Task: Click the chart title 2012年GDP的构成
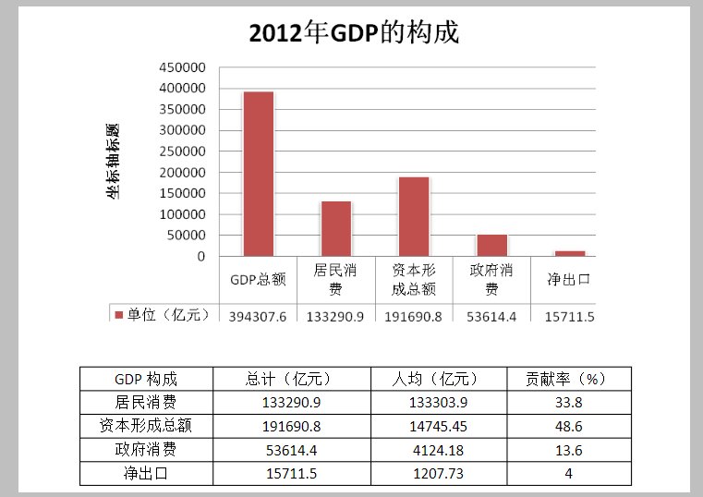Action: coord(354,33)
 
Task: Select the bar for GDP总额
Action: coord(258,174)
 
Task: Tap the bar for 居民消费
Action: coord(336,228)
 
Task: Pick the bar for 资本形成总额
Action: coord(414,216)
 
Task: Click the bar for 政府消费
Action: coord(491,245)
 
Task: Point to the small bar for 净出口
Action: coord(570,253)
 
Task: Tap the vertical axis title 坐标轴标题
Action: coord(113,162)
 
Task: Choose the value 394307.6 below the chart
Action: coord(258,316)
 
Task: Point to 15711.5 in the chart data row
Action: coord(570,316)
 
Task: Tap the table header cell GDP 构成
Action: coord(146,379)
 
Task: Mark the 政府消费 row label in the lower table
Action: coord(146,450)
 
